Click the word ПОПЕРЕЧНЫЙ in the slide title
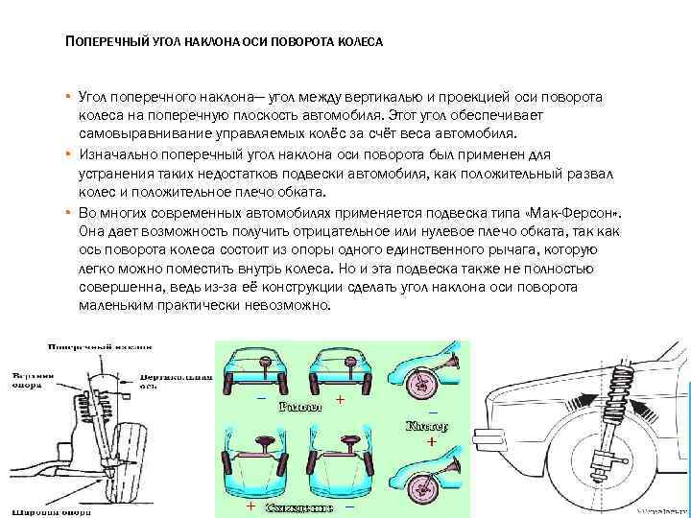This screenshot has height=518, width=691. click(106, 43)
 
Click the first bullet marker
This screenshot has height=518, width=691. click(69, 99)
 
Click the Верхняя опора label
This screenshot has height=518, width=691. click(33, 379)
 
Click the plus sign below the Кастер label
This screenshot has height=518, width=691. click(431, 442)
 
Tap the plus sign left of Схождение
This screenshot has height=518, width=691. click(250, 505)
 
